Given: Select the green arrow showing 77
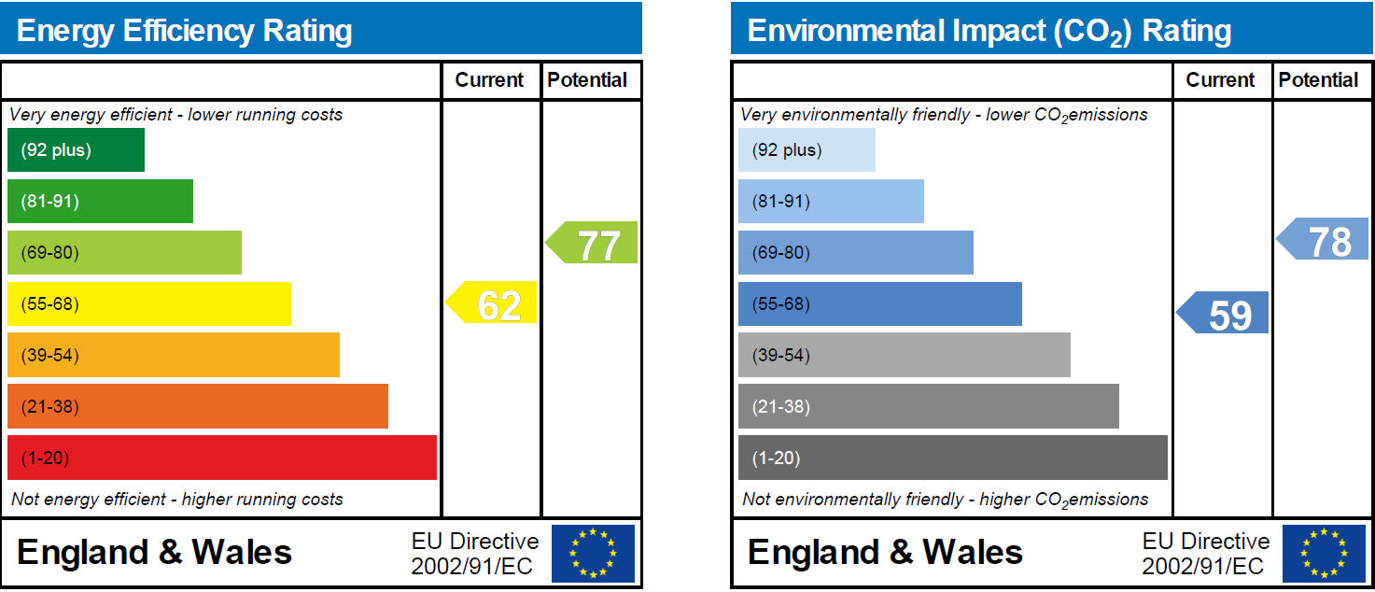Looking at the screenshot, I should [593, 243].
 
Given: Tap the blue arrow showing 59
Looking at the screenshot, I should [1225, 313].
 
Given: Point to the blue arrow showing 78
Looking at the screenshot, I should [1325, 239].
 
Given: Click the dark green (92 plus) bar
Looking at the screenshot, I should [76, 150].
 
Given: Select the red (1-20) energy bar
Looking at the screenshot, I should [221, 458].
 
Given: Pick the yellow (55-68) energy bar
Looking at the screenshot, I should [148, 304].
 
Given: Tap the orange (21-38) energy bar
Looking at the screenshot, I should [197, 406].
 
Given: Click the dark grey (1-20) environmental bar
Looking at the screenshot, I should [952, 458].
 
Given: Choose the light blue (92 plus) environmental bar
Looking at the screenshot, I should [807, 150].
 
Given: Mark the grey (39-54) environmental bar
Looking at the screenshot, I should [904, 356].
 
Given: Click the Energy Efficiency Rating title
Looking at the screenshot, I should [185, 31].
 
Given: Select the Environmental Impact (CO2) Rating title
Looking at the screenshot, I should [989, 31].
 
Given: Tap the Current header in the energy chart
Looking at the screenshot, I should [489, 80].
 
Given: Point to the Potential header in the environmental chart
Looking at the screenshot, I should [1318, 80].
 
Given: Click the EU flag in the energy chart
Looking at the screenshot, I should [593, 554].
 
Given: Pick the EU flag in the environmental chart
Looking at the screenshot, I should [1324, 554].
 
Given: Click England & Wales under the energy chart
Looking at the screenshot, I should [154, 553].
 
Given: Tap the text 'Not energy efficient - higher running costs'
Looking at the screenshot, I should [177, 500].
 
